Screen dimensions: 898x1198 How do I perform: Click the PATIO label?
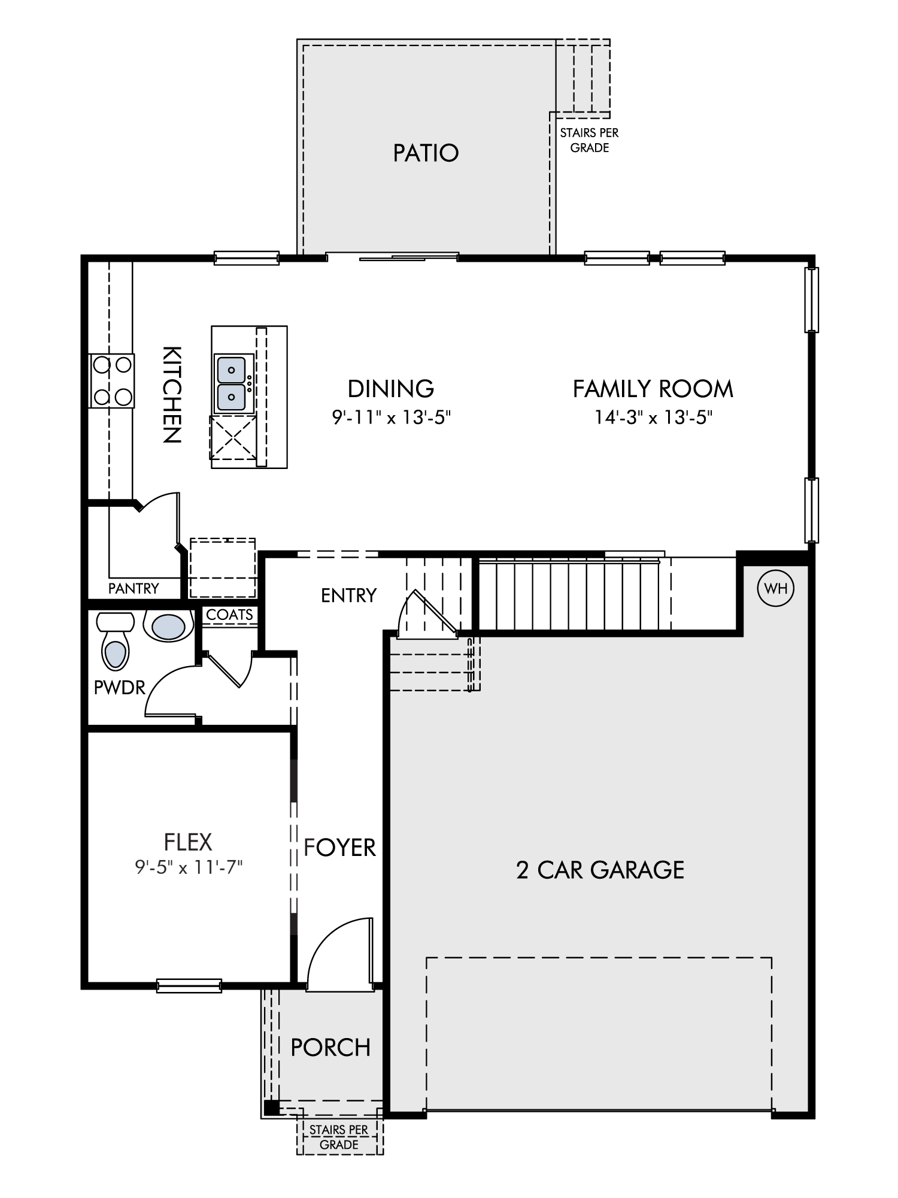pyautogui.click(x=426, y=153)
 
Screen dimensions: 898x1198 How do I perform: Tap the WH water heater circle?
pyautogui.click(x=776, y=588)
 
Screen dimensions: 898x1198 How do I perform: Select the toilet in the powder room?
pyautogui.click(x=116, y=640)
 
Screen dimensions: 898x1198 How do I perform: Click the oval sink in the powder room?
pyautogui.click(x=168, y=627)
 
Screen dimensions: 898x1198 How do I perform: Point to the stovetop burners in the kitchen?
pyautogui.click(x=112, y=380)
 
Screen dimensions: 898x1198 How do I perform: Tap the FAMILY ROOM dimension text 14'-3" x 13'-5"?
pyautogui.click(x=653, y=417)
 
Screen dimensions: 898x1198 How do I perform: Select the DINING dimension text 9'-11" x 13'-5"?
pyautogui.click(x=391, y=417)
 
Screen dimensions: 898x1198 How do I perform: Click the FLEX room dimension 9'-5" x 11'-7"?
pyautogui.click(x=188, y=867)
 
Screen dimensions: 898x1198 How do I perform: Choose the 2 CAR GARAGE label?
pyautogui.click(x=600, y=870)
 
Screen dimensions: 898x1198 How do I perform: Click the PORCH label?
pyautogui.click(x=330, y=1048)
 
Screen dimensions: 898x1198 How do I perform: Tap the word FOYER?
pyautogui.click(x=339, y=848)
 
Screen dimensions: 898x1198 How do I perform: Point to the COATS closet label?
pyautogui.click(x=229, y=615)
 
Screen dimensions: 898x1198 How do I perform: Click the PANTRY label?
pyautogui.click(x=134, y=588)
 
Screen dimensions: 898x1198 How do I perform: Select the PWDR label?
pyautogui.click(x=120, y=688)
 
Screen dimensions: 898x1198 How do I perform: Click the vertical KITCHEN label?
pyautogui.click(x=172, y=394)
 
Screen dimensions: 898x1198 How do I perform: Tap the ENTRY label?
pyautogui.click(x=348, y=595)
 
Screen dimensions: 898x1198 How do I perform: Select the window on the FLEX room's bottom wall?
pyautogui.click(x=189, y=985)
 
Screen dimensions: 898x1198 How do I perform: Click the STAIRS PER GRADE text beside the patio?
pyautogui.click(x=589, y=140)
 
